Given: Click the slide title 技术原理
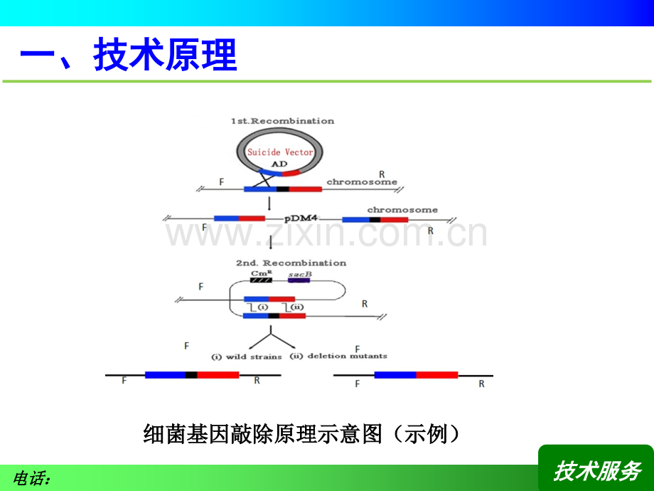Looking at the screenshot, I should point(129,56).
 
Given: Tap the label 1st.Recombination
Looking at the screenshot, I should point(282,121).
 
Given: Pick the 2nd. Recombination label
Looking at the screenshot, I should point(291,263).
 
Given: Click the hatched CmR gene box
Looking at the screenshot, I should point(260,280).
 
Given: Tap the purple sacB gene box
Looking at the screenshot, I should point(299,280).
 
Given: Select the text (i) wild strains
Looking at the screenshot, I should point(247,356).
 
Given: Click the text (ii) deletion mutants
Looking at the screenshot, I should point(347,355).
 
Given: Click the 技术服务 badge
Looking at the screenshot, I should point(597,470).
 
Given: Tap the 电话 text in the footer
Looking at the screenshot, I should point(32,479).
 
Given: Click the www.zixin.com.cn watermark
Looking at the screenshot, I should point(326,233).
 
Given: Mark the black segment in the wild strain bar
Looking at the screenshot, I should point(191,374).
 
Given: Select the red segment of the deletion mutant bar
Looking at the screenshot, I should point(436,374).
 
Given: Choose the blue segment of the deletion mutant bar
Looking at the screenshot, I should point(395,374).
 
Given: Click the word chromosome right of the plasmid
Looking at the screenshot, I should point(362,182).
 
